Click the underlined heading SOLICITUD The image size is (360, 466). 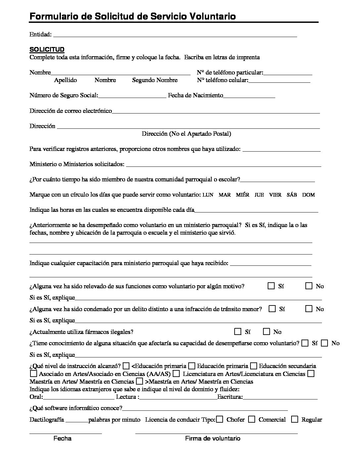click(x=47, y=50)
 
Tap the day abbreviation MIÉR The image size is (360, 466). click(x=243, y=195)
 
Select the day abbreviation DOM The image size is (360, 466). click(x=308, y=195)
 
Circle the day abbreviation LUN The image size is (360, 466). click(x=208, y=195)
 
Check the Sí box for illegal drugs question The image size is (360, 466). click(x=238, y=331)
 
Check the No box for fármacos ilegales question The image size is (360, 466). click(x=266, y=331)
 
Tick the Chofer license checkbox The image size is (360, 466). click(x=219, y=419)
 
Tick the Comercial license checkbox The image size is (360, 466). click(x=251, y=419)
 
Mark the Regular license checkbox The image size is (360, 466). click(x=294, y=419)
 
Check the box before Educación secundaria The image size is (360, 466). click(x=254, y=366)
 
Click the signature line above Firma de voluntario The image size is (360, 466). click(x=216, y=433)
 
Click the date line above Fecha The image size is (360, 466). click(x=66, y=433)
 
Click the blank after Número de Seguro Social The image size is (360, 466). click(x=132, y=97)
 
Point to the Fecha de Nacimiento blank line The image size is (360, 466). click(x=249, y=97)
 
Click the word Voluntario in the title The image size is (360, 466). click(x=213, y=16)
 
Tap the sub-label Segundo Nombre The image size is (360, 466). click(x=155, y=80)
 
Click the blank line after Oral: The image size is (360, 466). click(x=78, y=398)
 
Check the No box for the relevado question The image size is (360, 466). click(x=309, y=286)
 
